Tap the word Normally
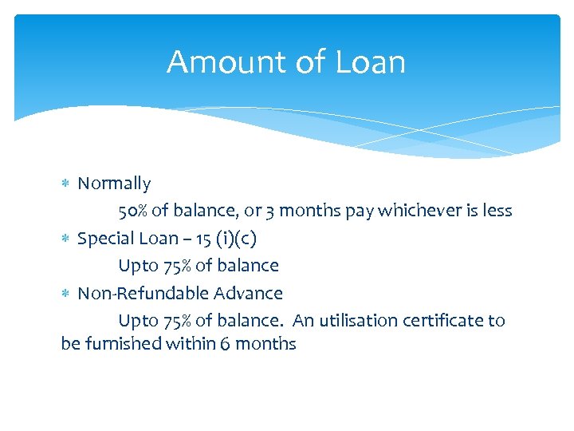coord(114,184)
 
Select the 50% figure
coord(133,211)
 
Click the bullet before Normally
coord(66,184)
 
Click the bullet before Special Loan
coord(66,239)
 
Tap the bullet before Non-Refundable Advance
coord(66,294)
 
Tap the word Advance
coord(252,293)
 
